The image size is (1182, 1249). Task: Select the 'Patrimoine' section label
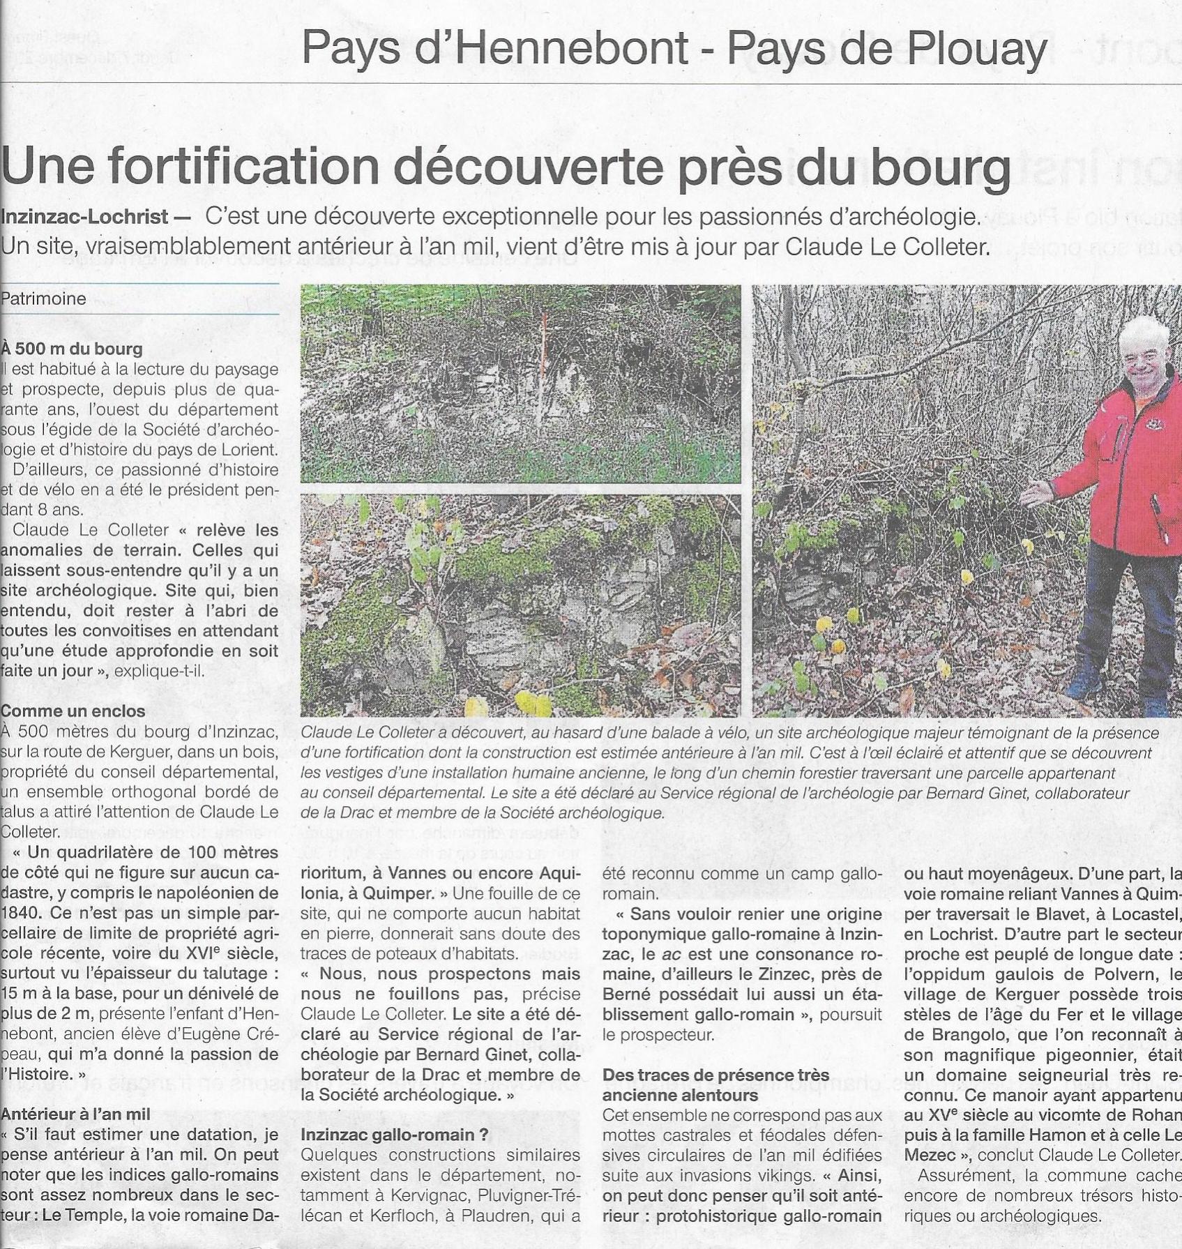tap(43, 299)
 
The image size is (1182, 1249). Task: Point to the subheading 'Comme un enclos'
tap(73, 711)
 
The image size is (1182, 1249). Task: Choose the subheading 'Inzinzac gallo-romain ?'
tap(395, 1135)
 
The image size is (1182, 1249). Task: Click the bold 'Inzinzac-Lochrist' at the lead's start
tap(84, 217)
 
